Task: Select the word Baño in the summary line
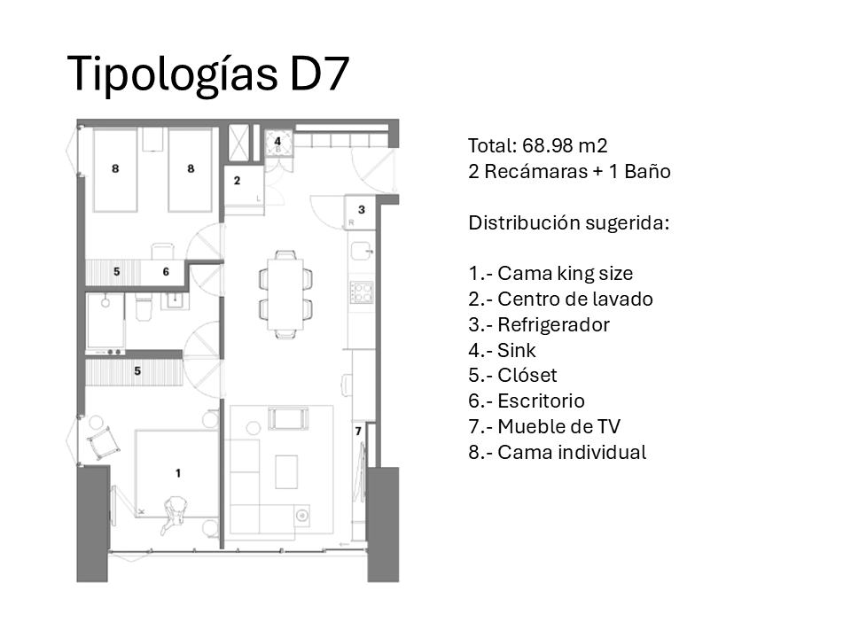pos(648,171)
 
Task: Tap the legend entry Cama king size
pos(566,274)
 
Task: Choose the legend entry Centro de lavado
pos(574,300)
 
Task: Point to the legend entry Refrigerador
pos(553,325)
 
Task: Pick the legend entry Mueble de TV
pos(558,427)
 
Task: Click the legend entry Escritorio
pos(541,401)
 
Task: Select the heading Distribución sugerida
pos(568,222)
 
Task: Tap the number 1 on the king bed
pos(177,473)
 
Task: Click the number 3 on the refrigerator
pos(361,210)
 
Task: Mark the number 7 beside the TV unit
pos(358,432)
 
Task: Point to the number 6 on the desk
pos(166,272)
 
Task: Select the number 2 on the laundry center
pos(237,181)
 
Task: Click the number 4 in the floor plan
pos(277,141)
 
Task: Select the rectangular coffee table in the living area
pos(285,471)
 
